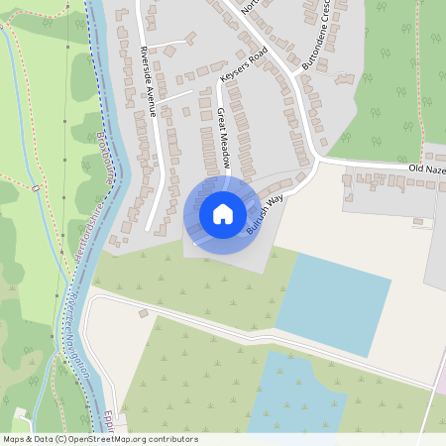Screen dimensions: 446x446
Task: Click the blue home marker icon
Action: pos(223,213)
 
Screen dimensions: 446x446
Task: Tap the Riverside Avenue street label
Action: pos(149,81)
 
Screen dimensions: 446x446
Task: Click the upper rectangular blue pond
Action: pos(333,302)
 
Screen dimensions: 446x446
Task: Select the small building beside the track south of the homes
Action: pos(144,313)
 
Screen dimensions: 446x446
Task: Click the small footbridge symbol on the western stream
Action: pos(35,185)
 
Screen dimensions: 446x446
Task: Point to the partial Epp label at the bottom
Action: pos(111,418)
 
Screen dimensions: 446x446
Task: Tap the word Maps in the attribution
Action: pos(15,439)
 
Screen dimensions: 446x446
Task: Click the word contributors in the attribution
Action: pos(170,439)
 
